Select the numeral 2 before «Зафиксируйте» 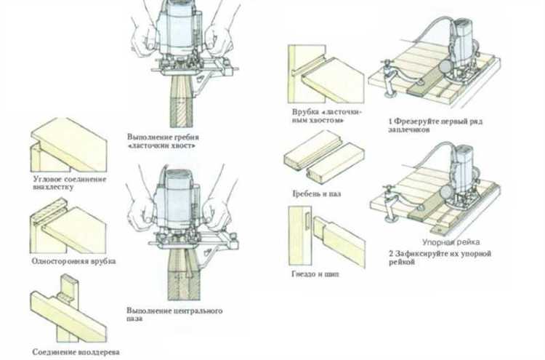(390, 254)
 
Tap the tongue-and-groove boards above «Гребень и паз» (323, 159)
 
